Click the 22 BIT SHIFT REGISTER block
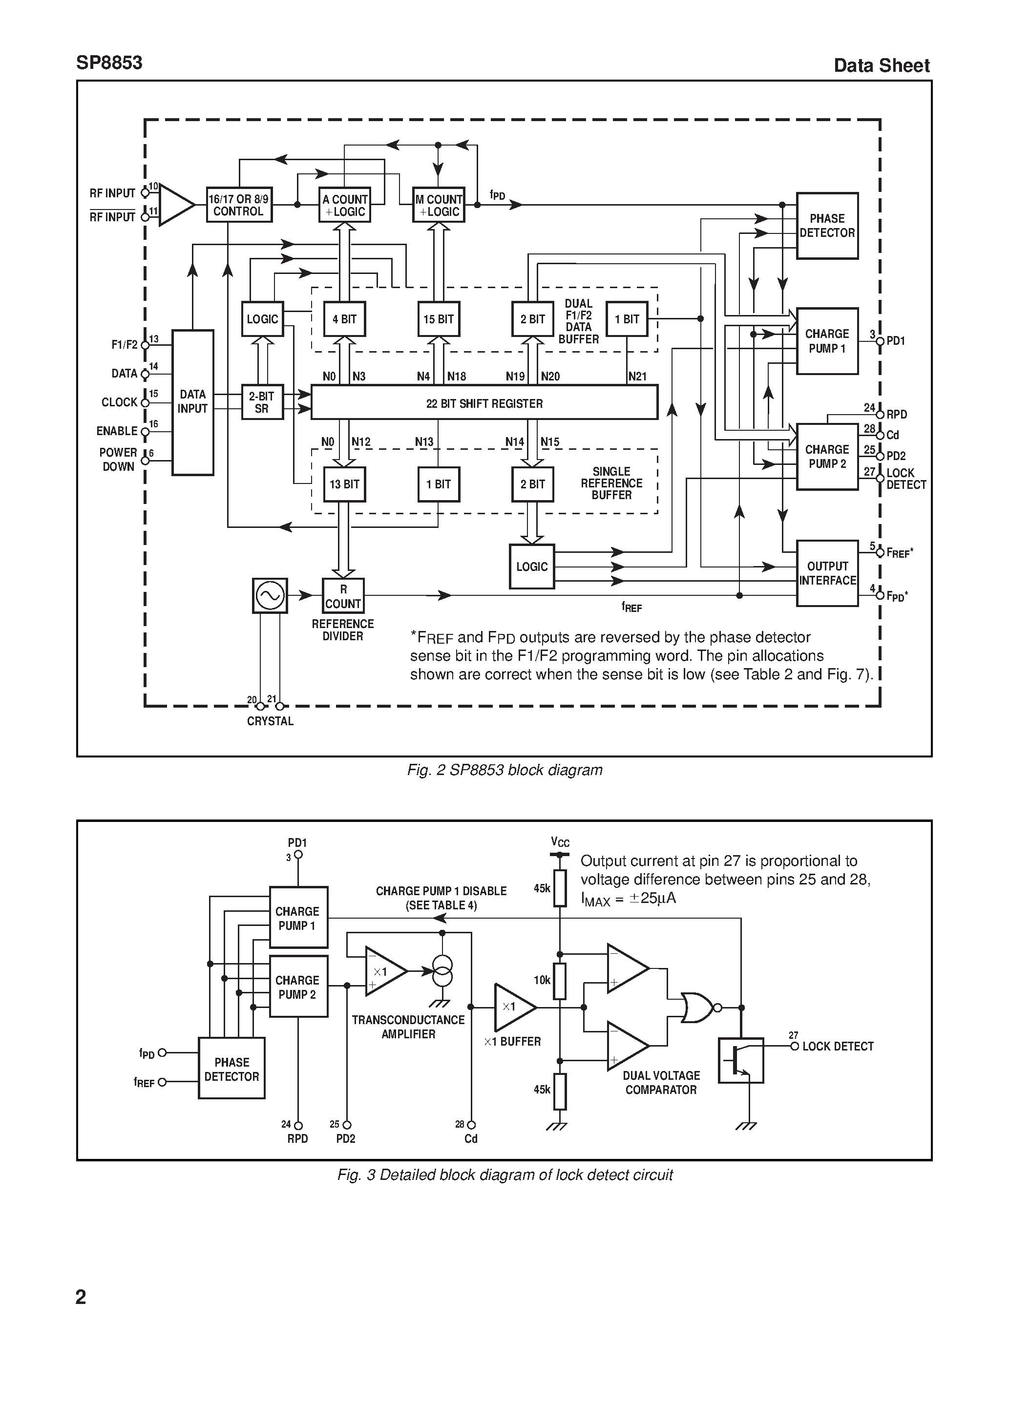484,402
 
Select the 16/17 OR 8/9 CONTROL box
239,205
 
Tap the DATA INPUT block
193,402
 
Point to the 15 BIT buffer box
439,319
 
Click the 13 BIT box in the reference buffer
344,484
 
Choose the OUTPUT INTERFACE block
827,573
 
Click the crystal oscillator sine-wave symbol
270,596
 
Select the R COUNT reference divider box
343,596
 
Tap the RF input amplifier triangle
175,205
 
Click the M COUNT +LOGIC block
439,205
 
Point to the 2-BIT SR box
262,402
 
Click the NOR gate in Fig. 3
697,1008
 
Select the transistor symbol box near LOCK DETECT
741,1060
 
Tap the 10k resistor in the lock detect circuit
560,981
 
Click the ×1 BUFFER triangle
512,1007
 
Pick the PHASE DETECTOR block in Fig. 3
231,1069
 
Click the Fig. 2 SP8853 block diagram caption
504,770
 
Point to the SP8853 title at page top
109,63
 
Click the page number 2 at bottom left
81,1296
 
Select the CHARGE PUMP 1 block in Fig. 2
827,341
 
